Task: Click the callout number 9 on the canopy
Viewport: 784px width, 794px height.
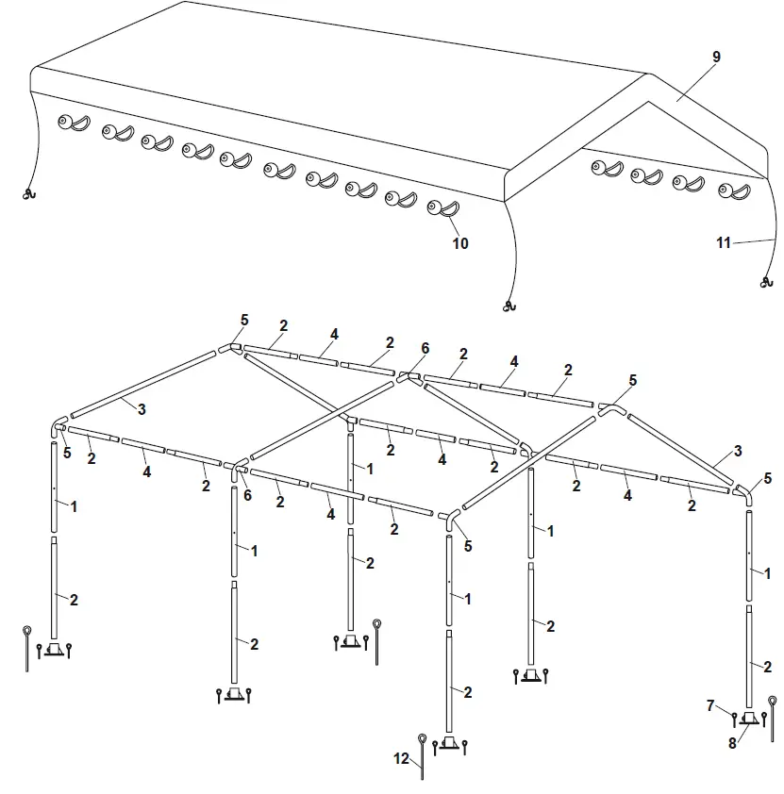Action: [716, 58]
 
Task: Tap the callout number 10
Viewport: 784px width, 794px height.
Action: [460, 243]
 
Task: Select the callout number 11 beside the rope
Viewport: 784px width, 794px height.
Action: [724, 242]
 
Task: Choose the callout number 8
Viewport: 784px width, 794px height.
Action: [731, 742]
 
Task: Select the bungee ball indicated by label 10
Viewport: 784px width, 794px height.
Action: [437, 207]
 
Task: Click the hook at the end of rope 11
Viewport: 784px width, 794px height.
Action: [762, 282]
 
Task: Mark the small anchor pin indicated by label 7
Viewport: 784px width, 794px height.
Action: [734, 720]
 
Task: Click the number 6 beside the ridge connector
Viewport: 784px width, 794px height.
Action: [425, 348]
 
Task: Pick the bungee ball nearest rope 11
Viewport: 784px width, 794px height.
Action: [726, 191]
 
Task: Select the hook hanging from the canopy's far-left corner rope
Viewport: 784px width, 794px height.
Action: [27, 195]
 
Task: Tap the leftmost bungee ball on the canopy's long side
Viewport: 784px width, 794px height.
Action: [66, 122]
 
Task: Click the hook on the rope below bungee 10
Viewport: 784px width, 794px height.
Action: [510, 306]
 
